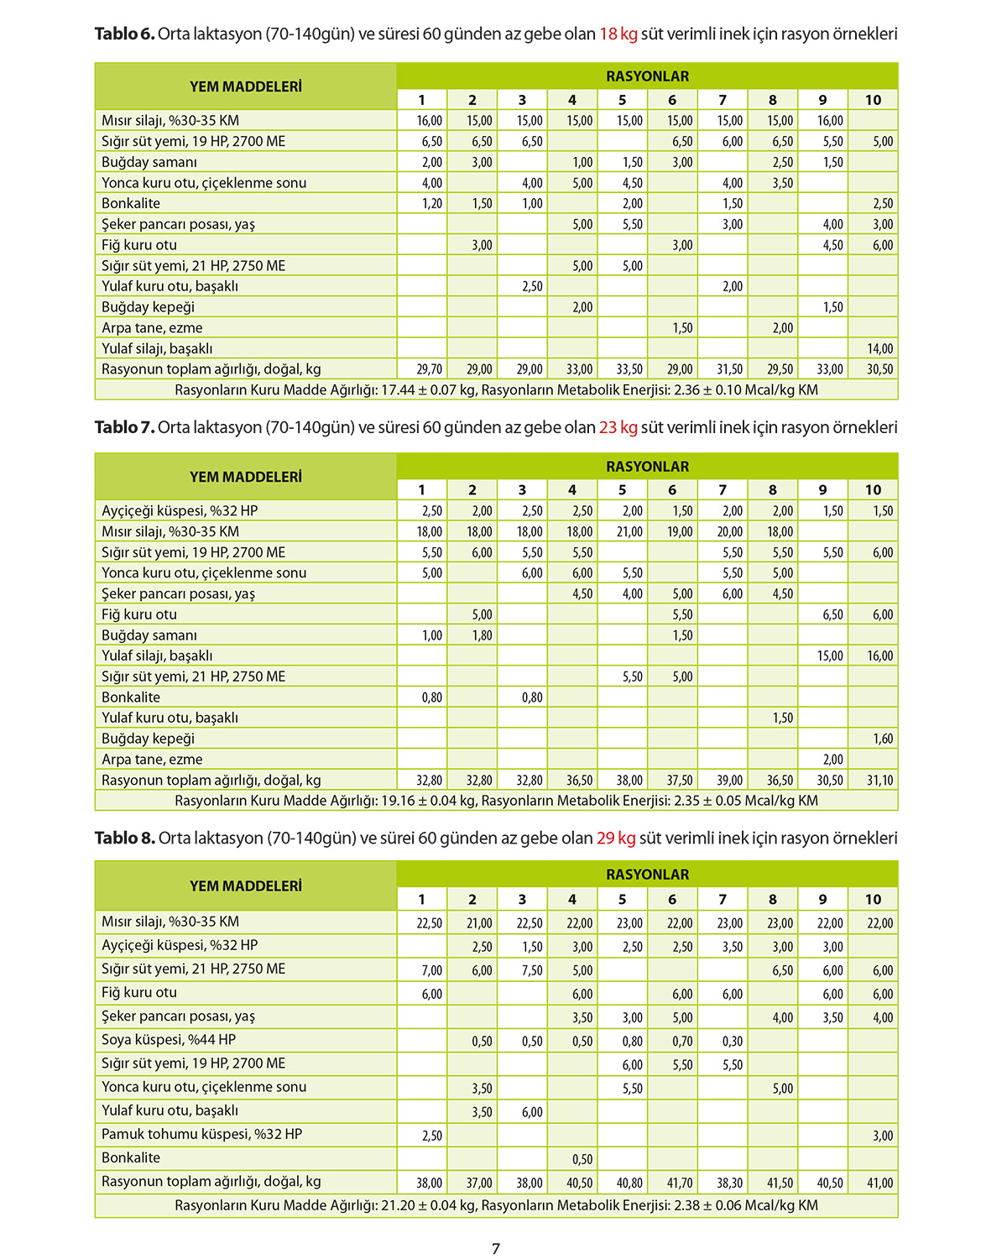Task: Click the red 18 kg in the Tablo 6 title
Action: (618, 34)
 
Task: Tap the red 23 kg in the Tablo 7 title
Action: (618, 427)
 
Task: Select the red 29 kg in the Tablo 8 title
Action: (615, 838)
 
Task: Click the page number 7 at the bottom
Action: (496, 1248)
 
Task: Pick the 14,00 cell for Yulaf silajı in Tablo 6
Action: (879, 348)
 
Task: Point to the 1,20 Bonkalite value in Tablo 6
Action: (431, 204)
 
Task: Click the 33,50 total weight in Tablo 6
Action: (629, 369)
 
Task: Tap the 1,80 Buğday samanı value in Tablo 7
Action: (481, 635)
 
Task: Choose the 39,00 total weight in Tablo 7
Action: (729, 781)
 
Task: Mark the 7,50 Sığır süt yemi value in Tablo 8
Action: (531, 970)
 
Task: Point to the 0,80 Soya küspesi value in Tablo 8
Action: (632, 1042)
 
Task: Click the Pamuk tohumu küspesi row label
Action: (201, 1134)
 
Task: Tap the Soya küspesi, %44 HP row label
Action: (169, 1040)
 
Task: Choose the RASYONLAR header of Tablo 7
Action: (647, 467)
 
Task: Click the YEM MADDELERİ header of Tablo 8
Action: (245, 886)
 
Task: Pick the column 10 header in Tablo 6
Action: (873, 100)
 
